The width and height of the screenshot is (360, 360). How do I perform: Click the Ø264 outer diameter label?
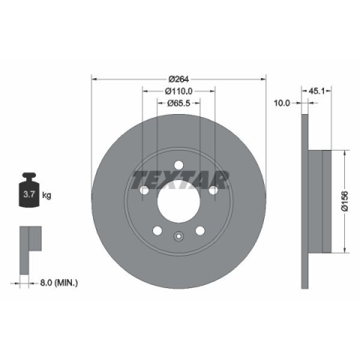click(178, 79)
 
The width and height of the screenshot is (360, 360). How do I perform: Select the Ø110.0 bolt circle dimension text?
click(178, 91)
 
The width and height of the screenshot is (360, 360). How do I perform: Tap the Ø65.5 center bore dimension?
click(178, 103)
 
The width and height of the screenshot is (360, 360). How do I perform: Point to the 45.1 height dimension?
click(316, 91)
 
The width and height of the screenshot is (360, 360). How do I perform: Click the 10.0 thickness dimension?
click(282, 103)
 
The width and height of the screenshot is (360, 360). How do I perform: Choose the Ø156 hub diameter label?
click(345, 201)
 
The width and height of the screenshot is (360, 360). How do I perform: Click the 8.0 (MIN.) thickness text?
click(59, 283)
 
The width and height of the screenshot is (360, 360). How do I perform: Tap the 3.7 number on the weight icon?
click(29, 194)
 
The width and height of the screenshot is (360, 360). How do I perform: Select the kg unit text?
click(46, 195)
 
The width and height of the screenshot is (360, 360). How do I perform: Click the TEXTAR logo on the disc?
click(180, 180)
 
